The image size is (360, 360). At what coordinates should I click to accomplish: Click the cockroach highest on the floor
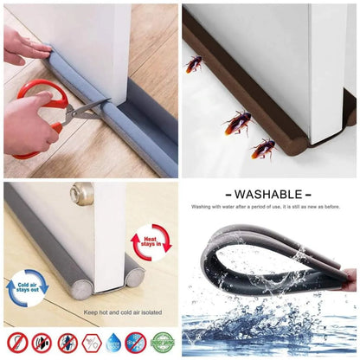(194, 63)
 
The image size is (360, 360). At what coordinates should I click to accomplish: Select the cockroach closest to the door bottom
(237, 122)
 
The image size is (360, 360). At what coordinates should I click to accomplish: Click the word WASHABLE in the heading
(267, 195)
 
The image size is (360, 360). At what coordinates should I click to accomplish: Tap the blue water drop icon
(113, 342)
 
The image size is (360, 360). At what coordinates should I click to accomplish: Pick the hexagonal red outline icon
(90, 342)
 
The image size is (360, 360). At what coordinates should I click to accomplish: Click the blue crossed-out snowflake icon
(136, 342)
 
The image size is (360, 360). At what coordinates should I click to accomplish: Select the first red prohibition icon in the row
(17, 342)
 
